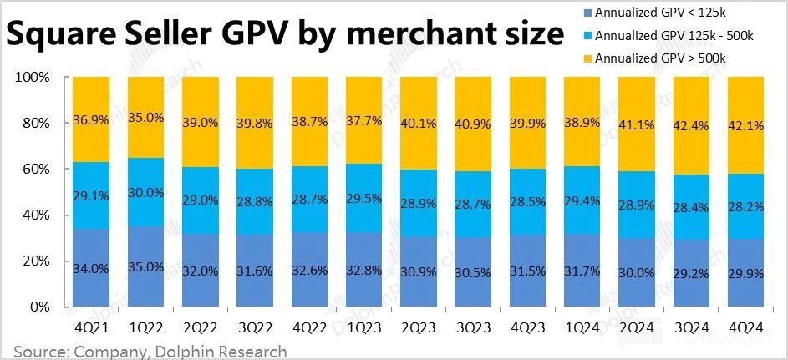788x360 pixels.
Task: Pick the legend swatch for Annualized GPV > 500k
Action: click(587, 58)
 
